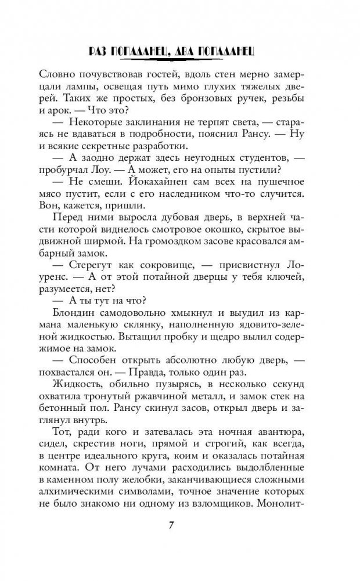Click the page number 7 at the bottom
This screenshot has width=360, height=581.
[179, 526]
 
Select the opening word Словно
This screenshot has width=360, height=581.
[57, 74]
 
